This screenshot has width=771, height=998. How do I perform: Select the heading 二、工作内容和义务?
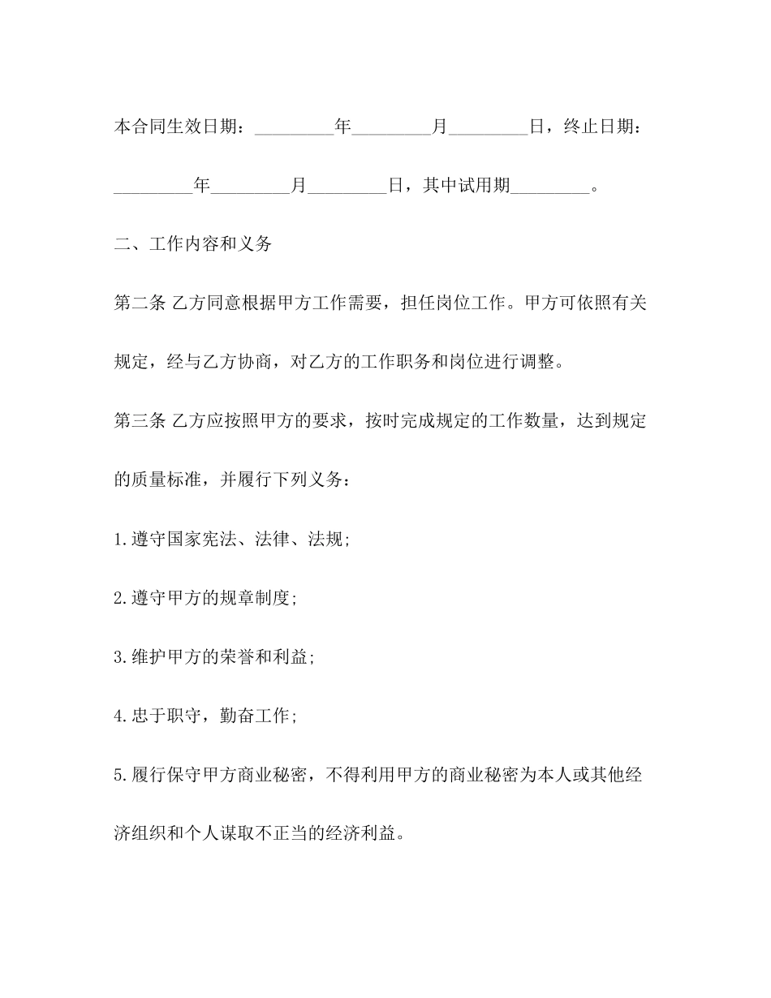coord(193,244)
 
